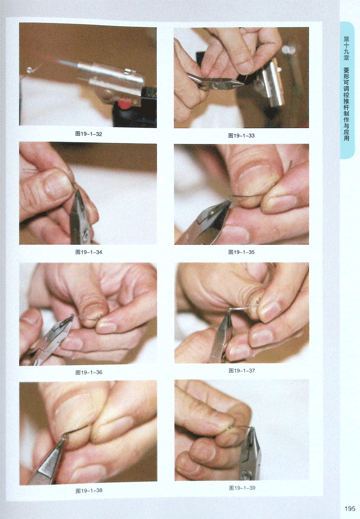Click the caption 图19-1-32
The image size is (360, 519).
89,134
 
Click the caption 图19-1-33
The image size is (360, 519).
242,136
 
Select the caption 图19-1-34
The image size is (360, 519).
89,252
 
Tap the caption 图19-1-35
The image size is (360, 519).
242,252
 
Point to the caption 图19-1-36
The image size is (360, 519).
89,372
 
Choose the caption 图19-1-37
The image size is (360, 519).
242,371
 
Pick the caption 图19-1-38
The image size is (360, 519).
89,491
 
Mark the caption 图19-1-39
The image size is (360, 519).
242,488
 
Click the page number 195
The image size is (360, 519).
350,509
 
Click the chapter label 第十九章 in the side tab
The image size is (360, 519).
346,48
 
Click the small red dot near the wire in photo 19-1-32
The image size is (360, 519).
49,57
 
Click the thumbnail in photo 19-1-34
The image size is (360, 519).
56,187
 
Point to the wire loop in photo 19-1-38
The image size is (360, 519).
65,437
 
